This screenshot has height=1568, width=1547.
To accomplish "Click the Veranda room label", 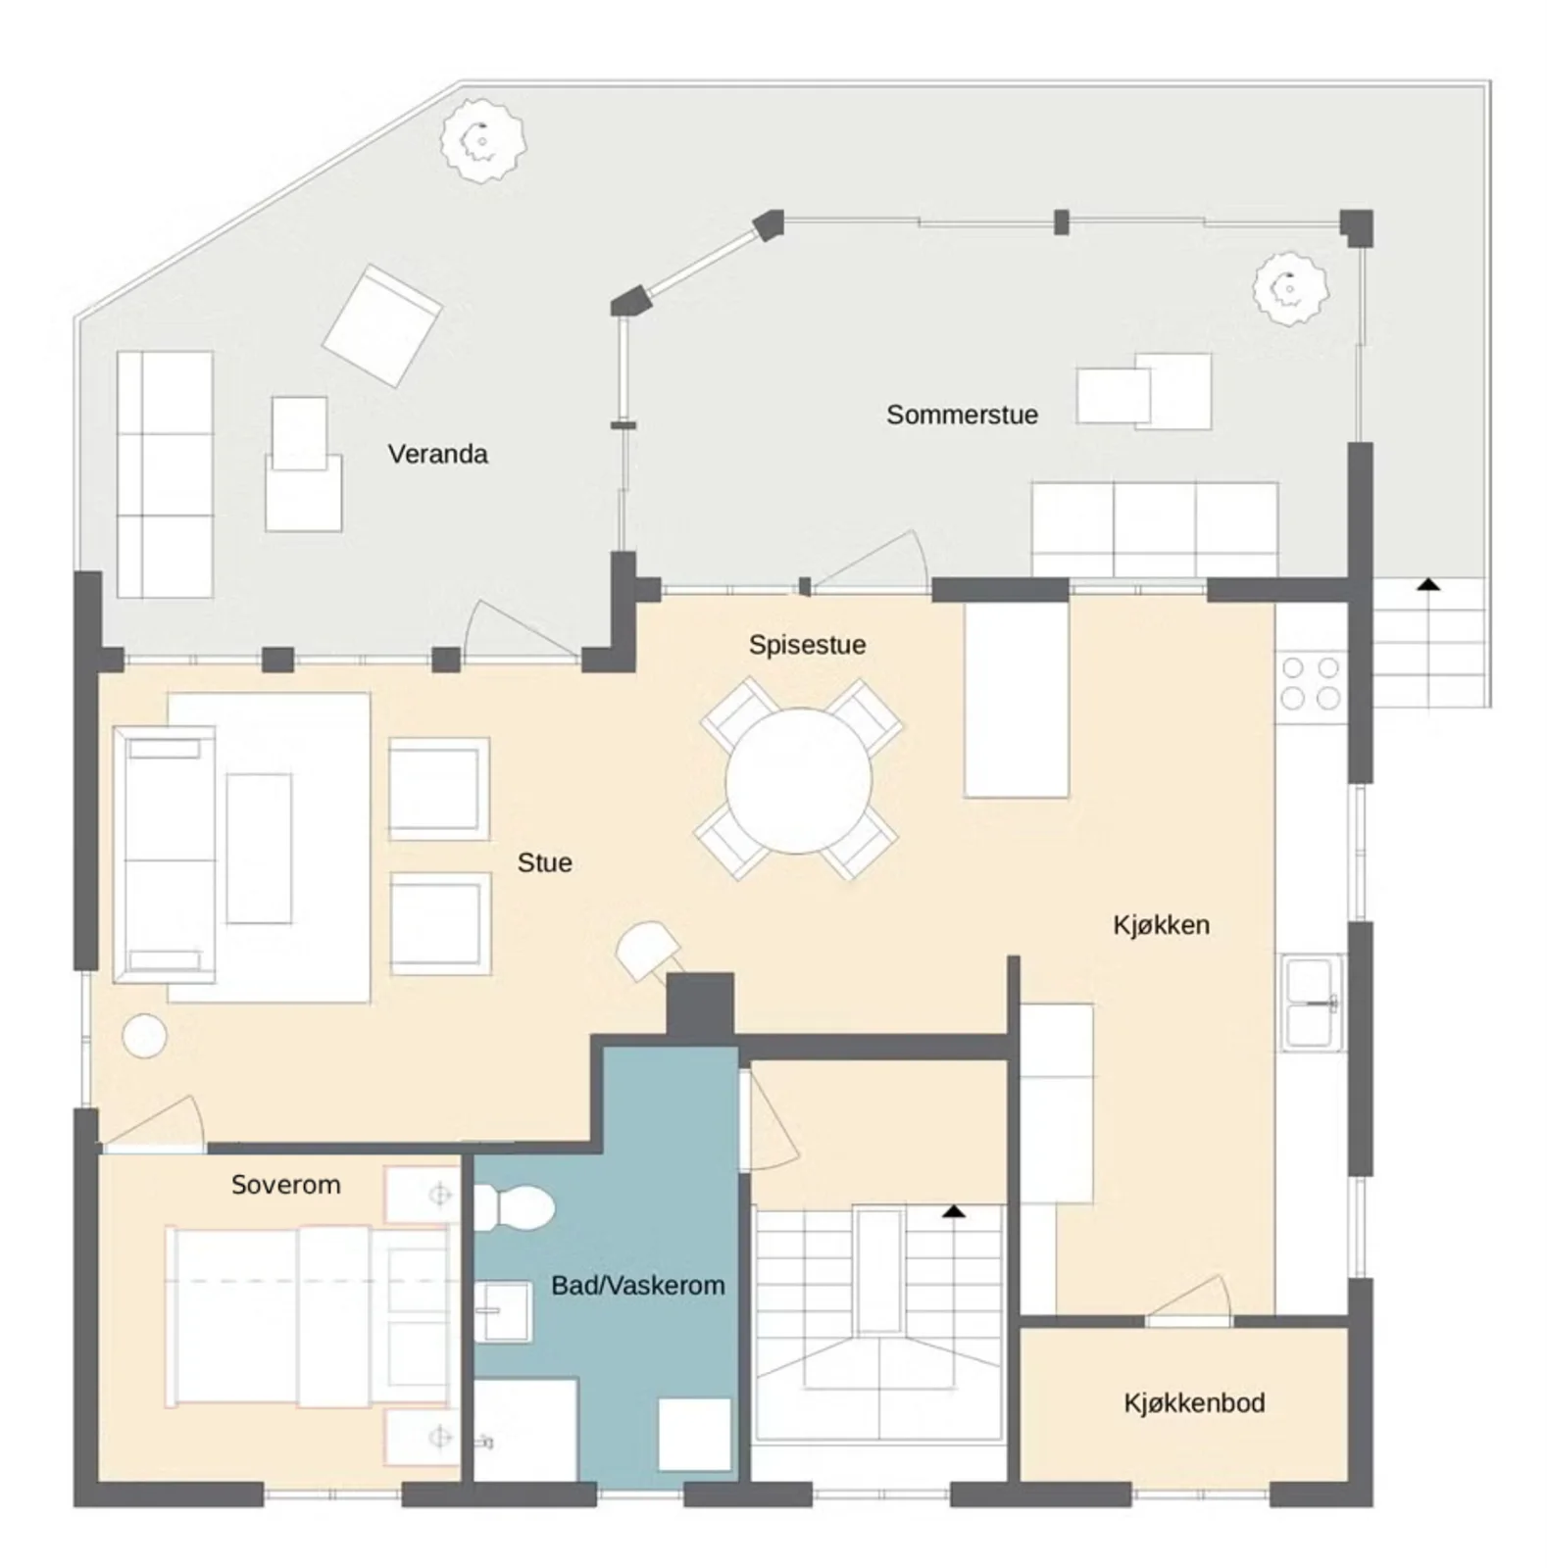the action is pos(437,454).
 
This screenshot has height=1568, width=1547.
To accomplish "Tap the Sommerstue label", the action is pos(962,415).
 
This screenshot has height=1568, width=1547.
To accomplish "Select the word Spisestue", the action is pos(807,645).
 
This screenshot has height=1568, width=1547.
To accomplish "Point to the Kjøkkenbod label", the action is pos(1194,1402).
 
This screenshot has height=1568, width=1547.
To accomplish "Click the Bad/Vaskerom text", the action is pos(637,1285).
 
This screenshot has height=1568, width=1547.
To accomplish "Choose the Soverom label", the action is pos(285,1184).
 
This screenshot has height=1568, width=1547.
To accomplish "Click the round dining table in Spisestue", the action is pos(798,781).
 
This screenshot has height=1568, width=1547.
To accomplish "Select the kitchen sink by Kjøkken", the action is pos(1313,1002).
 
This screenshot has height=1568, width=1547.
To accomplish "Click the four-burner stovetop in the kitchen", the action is pos(1311,683).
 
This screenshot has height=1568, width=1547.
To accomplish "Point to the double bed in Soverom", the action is pos(309,1316).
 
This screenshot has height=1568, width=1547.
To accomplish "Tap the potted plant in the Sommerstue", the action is pos(1290,288).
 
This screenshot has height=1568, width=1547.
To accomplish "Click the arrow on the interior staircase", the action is pos(954,1212).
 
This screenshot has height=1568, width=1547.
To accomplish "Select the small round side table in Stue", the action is pos(144,1036).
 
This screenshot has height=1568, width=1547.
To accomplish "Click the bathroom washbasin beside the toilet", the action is pos(503,1310).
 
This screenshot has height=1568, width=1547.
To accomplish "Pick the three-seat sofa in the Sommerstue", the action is pos(1155,529).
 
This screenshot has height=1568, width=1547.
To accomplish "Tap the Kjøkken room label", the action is pos(1161,925).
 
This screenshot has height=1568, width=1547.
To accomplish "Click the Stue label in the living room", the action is pos(544,862).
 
